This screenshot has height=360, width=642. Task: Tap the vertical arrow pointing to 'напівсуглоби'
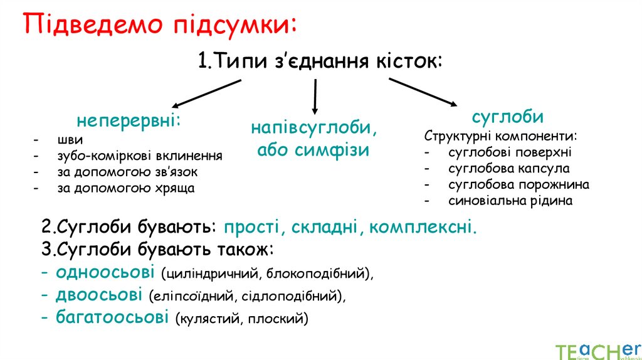pyautogui.click(x=315, y=95)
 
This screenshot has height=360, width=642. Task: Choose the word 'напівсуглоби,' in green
pyautogui.click(x=315, y=127)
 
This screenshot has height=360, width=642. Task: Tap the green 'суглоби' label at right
pyautogui.click(x=508, y=117)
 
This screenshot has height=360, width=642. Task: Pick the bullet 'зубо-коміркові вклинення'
pyautogui.click(x=139, y=156)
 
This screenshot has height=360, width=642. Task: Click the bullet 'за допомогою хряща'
pyautogui.click(x=125, y=188)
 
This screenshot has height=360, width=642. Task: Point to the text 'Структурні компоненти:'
pyautogui.click(x=500, y=136)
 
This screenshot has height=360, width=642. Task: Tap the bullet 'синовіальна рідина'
pyautogui.click(x=511, y=201)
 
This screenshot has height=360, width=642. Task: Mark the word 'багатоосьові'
pyautogui.click(x=112, y=317)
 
